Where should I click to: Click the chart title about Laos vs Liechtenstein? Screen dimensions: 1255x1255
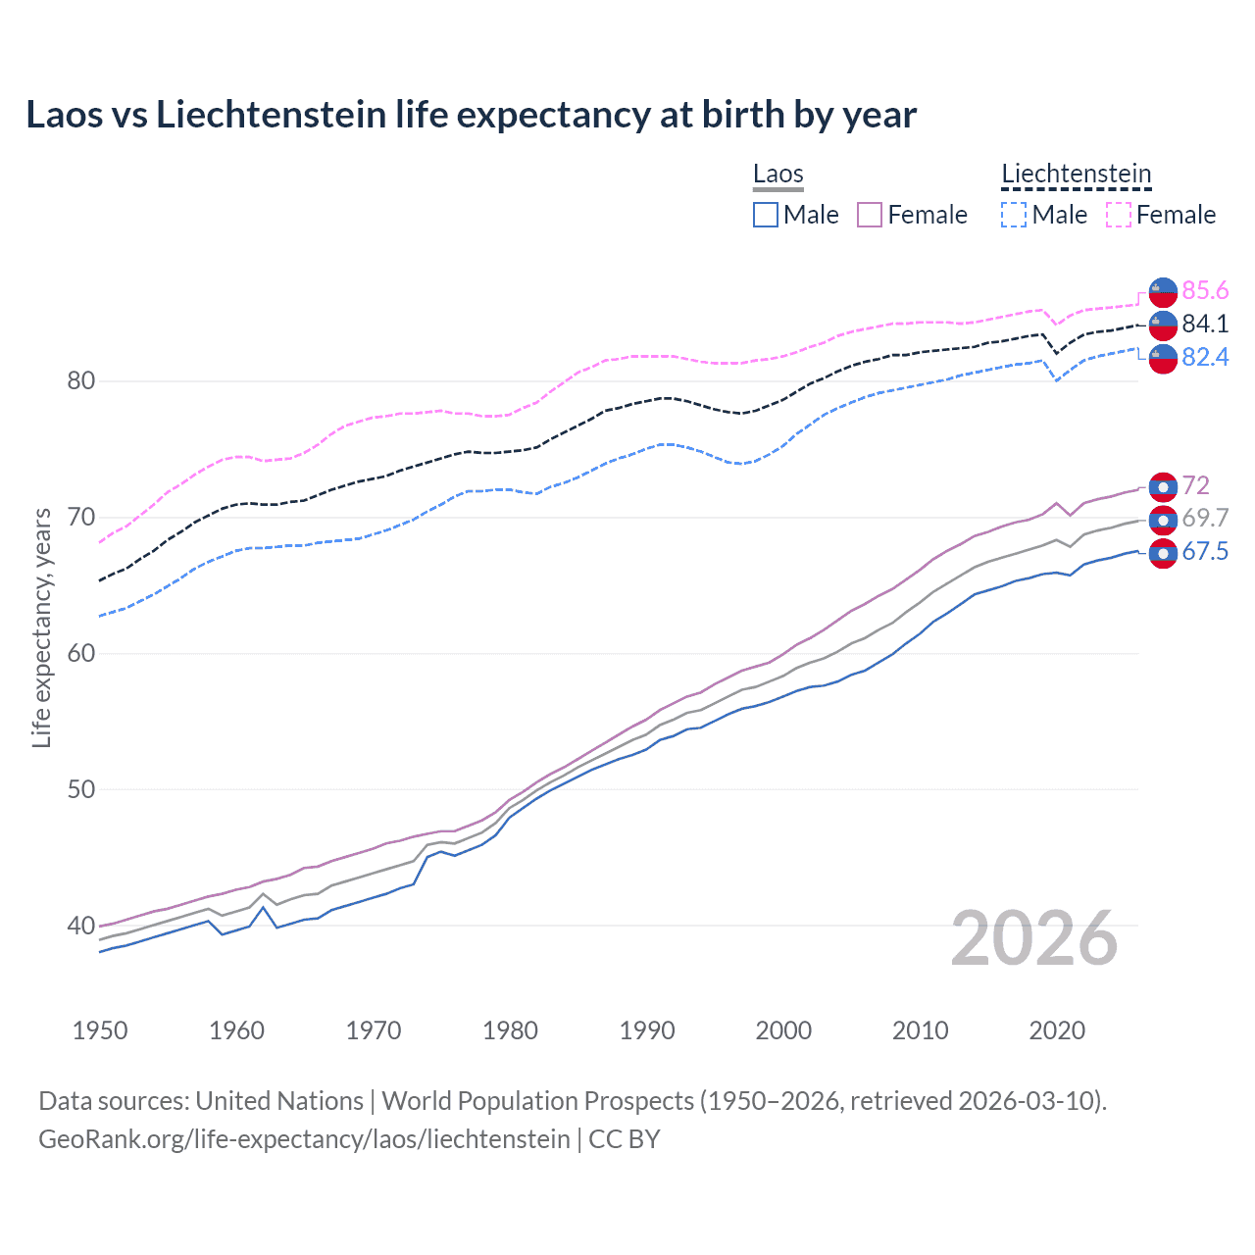coord(471,115)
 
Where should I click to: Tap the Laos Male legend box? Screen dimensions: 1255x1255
coord(766,215)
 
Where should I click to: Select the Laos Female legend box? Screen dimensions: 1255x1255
coord(870,215)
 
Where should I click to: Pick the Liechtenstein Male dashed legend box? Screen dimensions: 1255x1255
coord(1014,215)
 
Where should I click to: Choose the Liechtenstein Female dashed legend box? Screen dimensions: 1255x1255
coord(1119,215)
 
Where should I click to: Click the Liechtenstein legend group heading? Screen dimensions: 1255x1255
coord(1076,175)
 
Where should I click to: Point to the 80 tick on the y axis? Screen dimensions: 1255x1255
coord(80,381)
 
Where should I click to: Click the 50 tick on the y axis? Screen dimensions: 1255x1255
coord(80,789)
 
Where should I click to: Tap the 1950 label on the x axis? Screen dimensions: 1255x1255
coord(100,1030)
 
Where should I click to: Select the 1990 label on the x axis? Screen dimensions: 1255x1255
coord(647,1030)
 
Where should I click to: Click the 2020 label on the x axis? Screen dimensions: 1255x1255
coord(1057,1030)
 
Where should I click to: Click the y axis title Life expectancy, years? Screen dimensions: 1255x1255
coord(41,627)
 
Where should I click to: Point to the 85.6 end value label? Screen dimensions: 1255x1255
coord(1205,291)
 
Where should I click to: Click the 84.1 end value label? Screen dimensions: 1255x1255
coord(1205,325)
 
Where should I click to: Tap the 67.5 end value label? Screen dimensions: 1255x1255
coord(1205,552)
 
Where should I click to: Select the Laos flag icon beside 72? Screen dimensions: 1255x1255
coord(1163,486)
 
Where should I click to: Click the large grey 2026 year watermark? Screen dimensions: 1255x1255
coord(1034,938)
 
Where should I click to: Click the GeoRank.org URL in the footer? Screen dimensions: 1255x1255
coord(304,1139)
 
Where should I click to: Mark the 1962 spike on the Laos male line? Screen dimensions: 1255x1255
coord(263,907)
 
